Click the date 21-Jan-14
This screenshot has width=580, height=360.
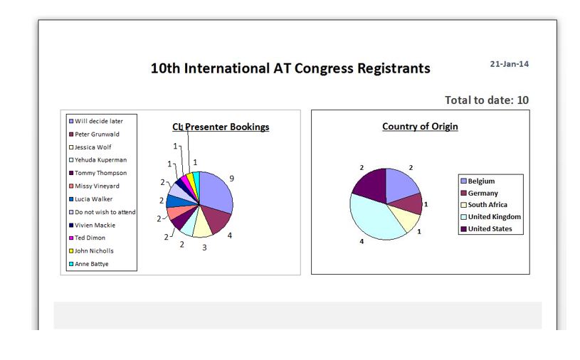point(509,64)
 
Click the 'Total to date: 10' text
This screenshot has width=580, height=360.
point(486,100)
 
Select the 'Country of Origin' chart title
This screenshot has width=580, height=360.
point(420,127)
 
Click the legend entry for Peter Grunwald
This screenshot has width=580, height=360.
point(94,134)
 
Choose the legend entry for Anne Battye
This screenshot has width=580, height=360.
point(89,264)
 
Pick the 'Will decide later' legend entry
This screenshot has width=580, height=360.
point(96,121)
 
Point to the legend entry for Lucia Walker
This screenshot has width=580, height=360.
point(90,198)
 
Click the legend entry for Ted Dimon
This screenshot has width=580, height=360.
point(87,238)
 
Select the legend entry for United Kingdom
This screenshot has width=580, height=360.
point(490,217)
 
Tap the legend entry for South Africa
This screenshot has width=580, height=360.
point(484,205)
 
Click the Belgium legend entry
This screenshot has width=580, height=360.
point(478,181)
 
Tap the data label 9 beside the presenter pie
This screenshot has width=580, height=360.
point(231,179)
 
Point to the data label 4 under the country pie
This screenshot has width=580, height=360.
point(362,241)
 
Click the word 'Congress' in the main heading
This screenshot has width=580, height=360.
point(323,69)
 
